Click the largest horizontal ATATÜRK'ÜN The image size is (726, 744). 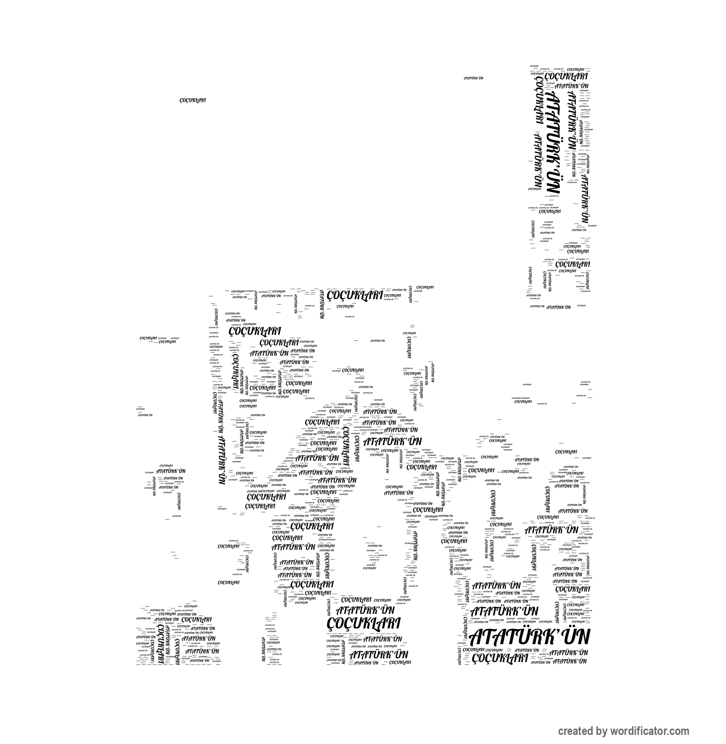tap(530, 637)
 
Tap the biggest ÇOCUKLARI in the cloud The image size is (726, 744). tap(363, 624)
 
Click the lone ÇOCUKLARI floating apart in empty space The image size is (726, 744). tap(192, 100)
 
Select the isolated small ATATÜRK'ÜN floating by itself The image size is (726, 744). tap(473, 78)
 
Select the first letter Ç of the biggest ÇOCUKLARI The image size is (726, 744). tap(332, 625)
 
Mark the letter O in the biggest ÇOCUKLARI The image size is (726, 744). tap(341, 624)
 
